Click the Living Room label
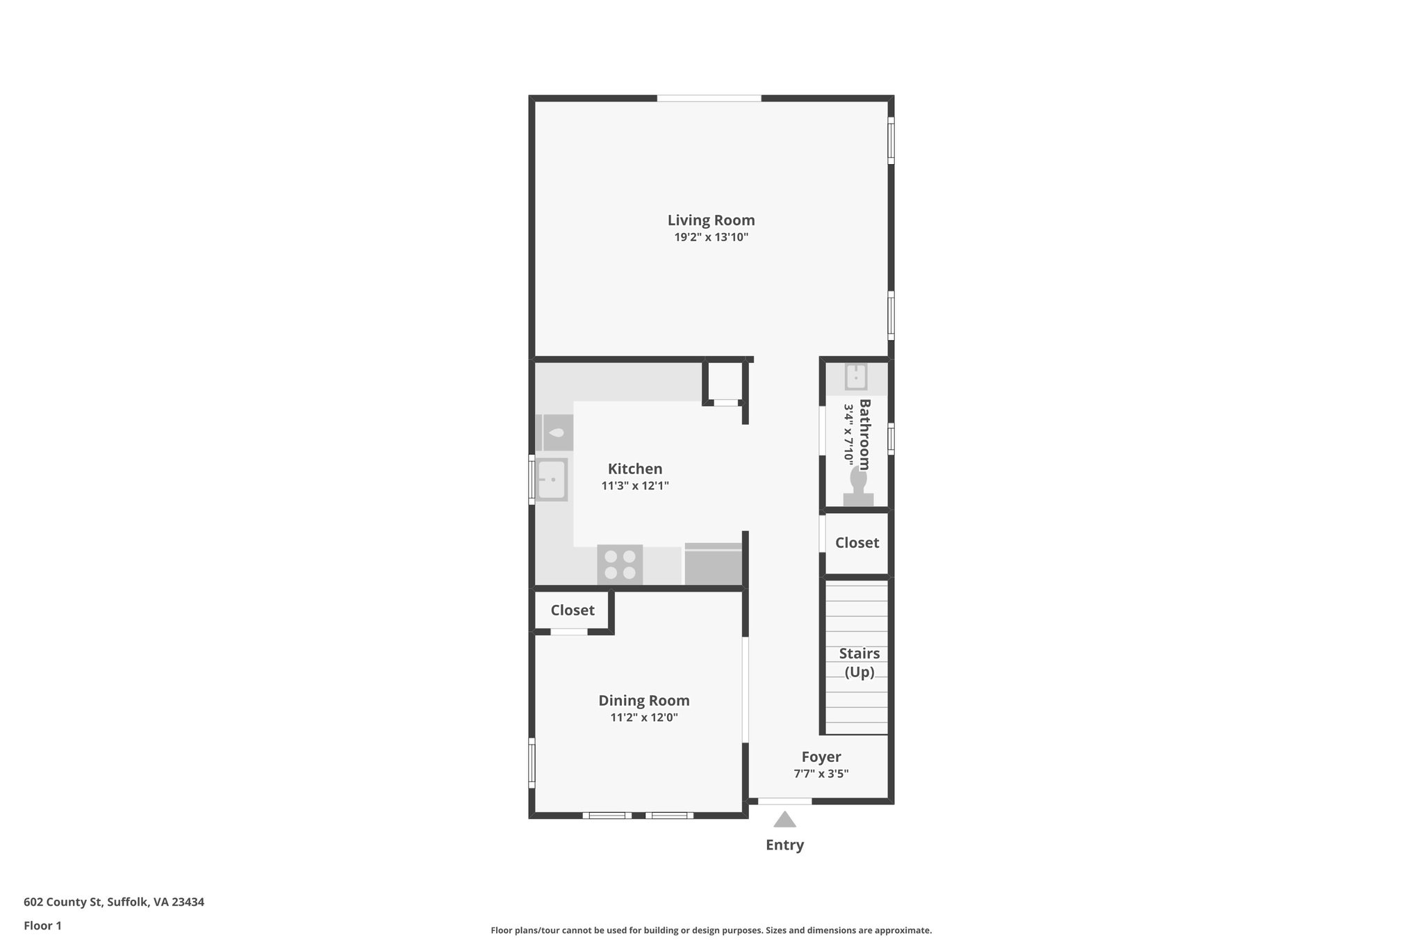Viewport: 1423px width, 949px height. pyautogui.click(x=711, y=220)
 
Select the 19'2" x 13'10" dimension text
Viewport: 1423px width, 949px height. pyautogui.click(x=711, y=237)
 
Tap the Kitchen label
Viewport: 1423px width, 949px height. pyautogui.click(x=635, y=469)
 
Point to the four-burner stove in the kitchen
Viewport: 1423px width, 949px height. pyautogui.click(x=620, y=565)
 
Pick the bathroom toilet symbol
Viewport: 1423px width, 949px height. pyautogui.click(x=859, y=486)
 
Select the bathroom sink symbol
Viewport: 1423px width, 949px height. pyautogui.click(x=855, y=377)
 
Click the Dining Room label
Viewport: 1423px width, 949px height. pyautogui.click(x=644, y=701)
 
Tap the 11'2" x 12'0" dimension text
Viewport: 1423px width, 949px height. pyautogui.click(x=644, y=717)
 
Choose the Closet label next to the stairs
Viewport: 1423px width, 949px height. pyautogui.click(x=857, y=543)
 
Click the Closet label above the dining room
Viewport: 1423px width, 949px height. pyautogui.click(x=573, y=610)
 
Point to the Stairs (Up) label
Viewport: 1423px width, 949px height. pyautogui.click(x=859, y=663)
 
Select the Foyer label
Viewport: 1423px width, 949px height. pyautogui.click(x=821, y=757)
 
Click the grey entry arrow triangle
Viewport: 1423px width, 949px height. pyautogui.click(x=784, y=820)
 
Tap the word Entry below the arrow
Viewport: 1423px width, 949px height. pyautogui.click(x=784, y=845)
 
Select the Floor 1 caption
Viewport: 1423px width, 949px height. pyautogui.click(x=42, y=925)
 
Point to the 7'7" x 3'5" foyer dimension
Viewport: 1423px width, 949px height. pyautogui.click(x=821, y=774)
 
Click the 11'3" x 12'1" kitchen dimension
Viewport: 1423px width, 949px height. pyautogui.click(x=635, y=486)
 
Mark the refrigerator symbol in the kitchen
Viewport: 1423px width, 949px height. pyautogui.click(x=713, y=565)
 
